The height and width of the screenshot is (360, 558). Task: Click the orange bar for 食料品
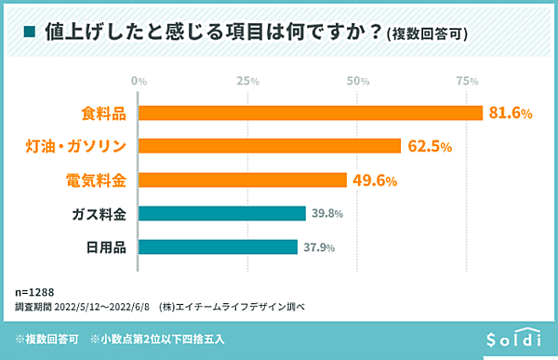point(311,113)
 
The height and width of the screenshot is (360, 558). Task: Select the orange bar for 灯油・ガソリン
point(270,146)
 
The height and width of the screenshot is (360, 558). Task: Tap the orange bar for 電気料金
point(243,180)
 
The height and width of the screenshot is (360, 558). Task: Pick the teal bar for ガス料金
point(222,213)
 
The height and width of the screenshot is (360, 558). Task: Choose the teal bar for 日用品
point(218,247)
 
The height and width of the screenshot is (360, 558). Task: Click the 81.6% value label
point(511,113)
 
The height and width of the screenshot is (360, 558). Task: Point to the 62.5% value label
point(429,147)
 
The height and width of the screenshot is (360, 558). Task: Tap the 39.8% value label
point(327,214)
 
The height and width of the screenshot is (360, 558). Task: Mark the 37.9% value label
point(319,247)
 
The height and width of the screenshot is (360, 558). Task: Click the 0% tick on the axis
point(139,82)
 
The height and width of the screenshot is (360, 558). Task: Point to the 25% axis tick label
point(247,82)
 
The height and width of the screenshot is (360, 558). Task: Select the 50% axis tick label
point(357,82)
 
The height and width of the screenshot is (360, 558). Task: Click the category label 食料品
point(102,113)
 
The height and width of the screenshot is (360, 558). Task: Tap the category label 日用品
point(106,247)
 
